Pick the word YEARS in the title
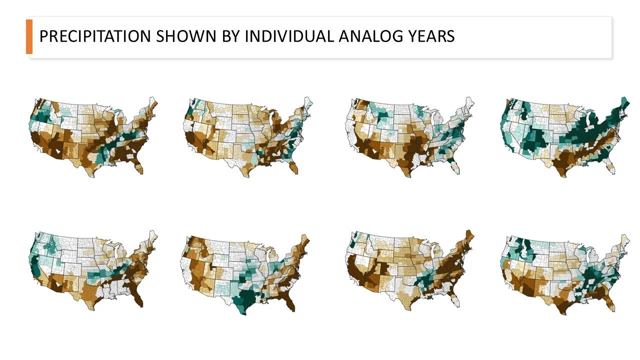[429, 36]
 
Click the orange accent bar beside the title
[29, 36]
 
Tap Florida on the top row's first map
[140, 164]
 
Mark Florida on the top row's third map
[454, 165]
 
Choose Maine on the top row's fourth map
[623, 105]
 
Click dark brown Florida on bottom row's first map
[139, 298]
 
